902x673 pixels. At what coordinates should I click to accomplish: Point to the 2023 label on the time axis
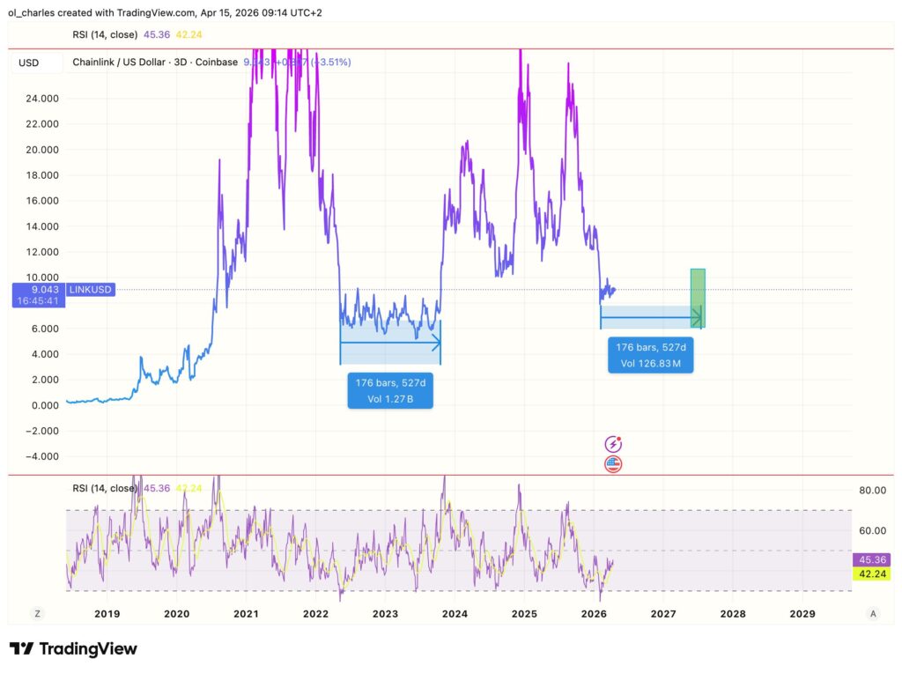point(385,613)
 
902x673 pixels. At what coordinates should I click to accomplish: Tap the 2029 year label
point(802,613)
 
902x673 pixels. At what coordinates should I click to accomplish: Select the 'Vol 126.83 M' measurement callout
point(650,354)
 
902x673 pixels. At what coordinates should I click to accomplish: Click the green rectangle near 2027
point(698,298)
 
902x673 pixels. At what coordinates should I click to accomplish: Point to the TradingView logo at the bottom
point(74,649)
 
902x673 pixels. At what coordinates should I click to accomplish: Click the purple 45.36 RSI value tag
point(871,559)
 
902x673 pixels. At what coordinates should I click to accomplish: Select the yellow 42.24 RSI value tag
point(871,573)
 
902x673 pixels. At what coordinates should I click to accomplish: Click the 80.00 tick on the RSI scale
point(871,490)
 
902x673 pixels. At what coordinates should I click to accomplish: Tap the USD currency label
point(28,63)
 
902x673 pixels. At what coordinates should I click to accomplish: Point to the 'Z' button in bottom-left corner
point(37,613)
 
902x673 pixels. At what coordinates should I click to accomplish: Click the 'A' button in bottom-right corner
point(872,613)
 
